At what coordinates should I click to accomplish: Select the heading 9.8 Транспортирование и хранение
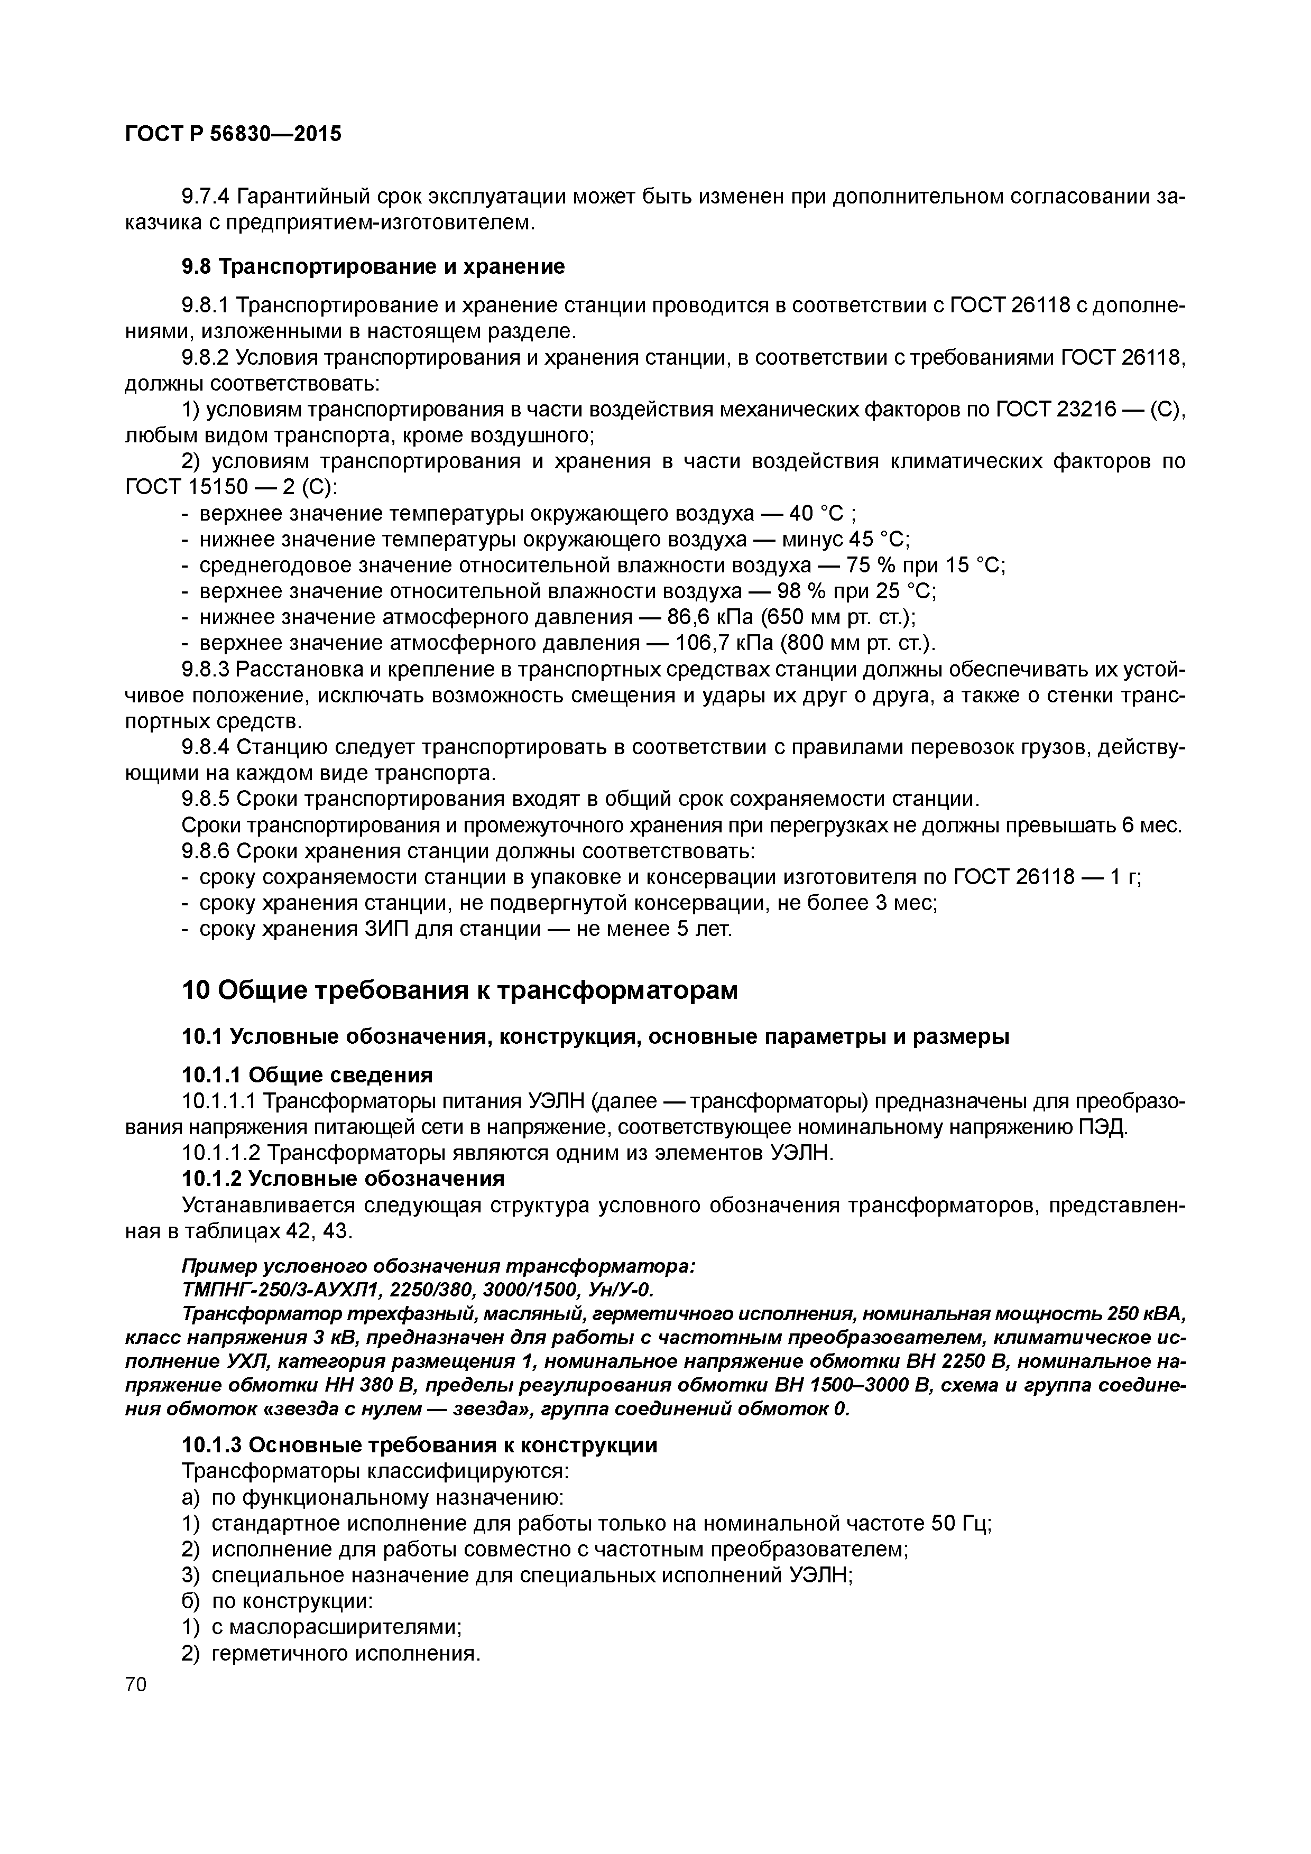[x=372, y=266]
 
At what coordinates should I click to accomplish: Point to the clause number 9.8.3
[x=207, y=670]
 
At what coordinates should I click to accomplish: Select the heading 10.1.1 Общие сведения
[x=307, y=1075]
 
